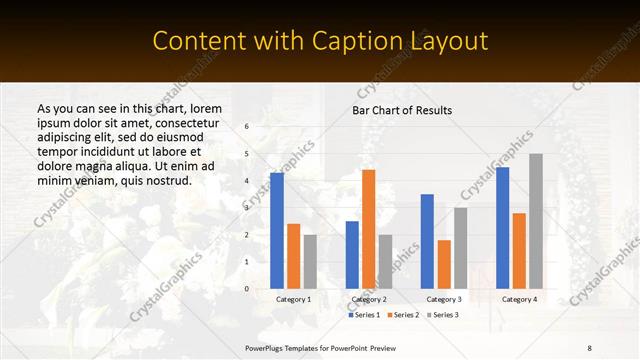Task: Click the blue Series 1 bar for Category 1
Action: pyautogui.click(x=277, y=231)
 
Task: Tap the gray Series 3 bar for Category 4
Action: pyautogui.click(x=535, y=221)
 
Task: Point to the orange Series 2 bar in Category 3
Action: pyautogui.click(x=444, y=264)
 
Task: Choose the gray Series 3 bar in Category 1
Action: pyautogui.click(x=310, y=262)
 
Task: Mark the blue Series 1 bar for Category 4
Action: pyautogui.click(x=503, y=228)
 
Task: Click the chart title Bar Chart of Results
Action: pyautogui.click(x=402, y=110)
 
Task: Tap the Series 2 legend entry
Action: pyautogui.click(x=403, y=315)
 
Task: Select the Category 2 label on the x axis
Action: pyautogui.click(x=368, y=299)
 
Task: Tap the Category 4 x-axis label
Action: pyautogui.click(x=519, y=299)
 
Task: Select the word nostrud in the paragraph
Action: pyautogui.click(x=166, y=180)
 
